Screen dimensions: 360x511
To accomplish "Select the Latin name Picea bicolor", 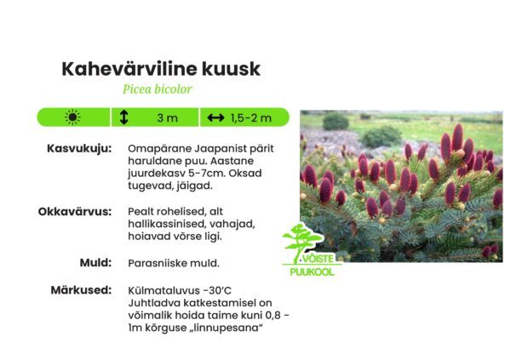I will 158,89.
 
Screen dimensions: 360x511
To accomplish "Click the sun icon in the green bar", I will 72,117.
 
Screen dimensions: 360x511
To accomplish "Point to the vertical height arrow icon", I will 124,117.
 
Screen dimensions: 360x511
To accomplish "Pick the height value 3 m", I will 167,117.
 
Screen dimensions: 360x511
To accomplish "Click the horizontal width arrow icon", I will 215,117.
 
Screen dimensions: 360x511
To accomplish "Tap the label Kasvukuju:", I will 78,148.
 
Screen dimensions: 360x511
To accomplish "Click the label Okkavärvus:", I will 75,210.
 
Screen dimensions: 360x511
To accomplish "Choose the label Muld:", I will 95,262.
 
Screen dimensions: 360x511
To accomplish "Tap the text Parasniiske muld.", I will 173,263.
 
